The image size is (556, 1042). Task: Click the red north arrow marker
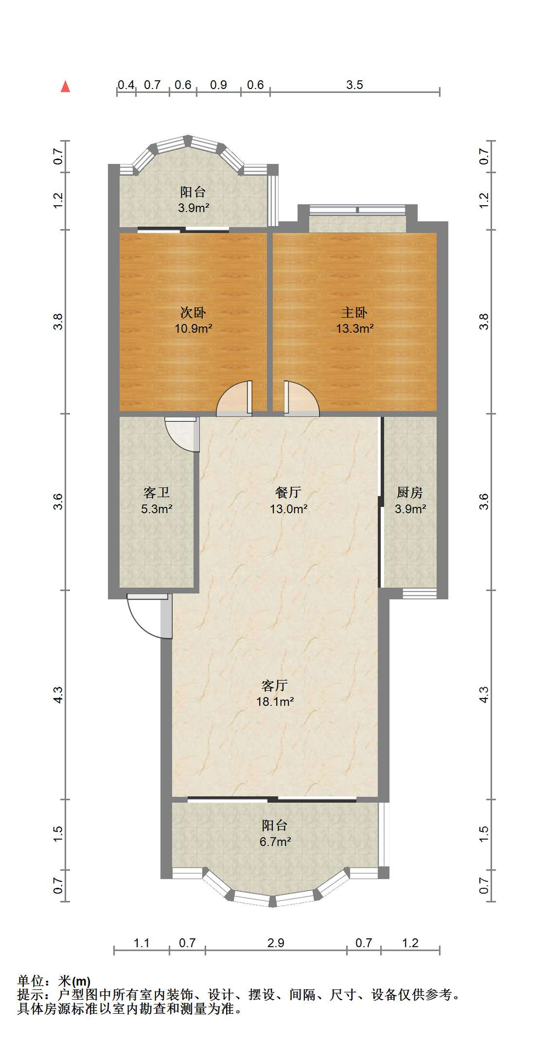pos(66,86)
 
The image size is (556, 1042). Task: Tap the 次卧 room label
pos(193,313)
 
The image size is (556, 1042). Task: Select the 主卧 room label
pos(355,313)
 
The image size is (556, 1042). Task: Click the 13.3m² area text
pos(355,328)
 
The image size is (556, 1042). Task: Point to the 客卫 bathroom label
pos(157,493)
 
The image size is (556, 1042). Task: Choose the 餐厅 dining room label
pos(288,493)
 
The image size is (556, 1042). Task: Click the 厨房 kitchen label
pos(410,493)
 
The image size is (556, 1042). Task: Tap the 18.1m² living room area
pos(275,702)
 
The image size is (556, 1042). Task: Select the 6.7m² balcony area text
pos(275,842)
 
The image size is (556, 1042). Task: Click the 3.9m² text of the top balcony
pos(194,208)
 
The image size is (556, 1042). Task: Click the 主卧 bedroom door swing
pos(302,399)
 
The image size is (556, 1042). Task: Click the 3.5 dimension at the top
pos(355,85)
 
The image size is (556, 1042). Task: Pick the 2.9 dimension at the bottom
pos(276,943)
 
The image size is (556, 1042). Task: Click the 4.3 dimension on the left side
pos(58,695)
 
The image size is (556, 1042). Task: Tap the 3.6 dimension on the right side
pos(484,501)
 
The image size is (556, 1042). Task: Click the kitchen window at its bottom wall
pos(420,594)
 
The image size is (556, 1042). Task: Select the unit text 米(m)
pos(74,981)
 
